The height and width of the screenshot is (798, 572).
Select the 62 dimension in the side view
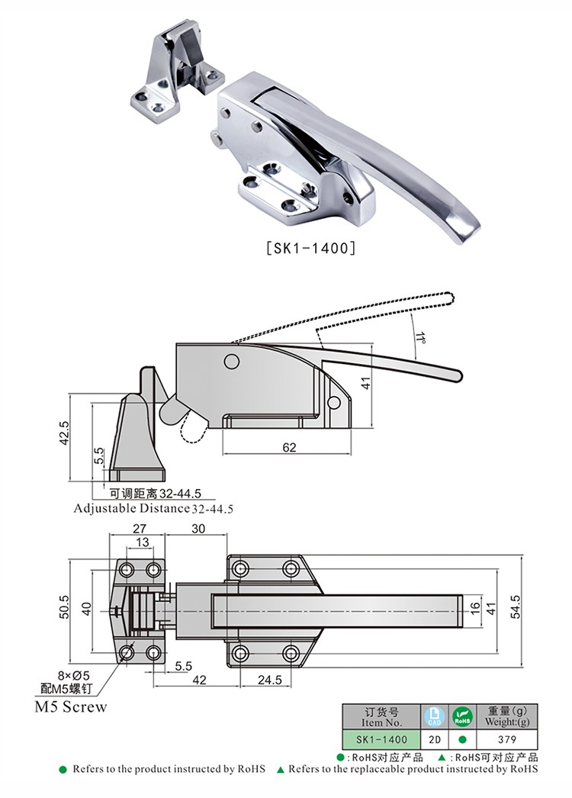pos(289,448)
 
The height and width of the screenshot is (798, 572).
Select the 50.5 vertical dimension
pos(66,607)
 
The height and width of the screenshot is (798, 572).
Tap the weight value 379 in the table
pos(506,739)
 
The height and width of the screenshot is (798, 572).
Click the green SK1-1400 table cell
pos(381,739)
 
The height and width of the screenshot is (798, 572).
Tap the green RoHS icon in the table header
pos(462,716)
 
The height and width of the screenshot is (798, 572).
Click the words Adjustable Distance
pos(130,507)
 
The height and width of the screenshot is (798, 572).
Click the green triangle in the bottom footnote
pos(280,770)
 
